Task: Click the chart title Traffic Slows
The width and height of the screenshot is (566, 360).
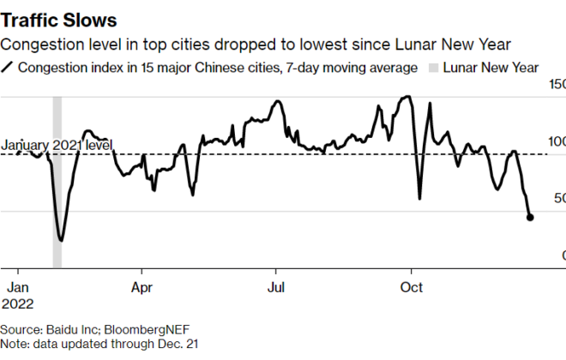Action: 59,18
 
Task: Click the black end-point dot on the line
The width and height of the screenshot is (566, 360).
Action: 530,218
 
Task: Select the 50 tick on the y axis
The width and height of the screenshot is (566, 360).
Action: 558,198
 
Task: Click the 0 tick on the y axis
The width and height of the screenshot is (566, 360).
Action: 563,255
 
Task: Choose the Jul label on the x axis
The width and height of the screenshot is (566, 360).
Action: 275,287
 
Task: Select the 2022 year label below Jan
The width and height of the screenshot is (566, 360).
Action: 19,303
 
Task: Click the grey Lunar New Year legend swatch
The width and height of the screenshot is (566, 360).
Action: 434,67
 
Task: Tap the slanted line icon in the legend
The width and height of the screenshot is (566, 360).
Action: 8,67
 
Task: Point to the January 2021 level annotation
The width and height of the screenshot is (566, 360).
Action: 56,146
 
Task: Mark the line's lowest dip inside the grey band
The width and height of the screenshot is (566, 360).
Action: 60,240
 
